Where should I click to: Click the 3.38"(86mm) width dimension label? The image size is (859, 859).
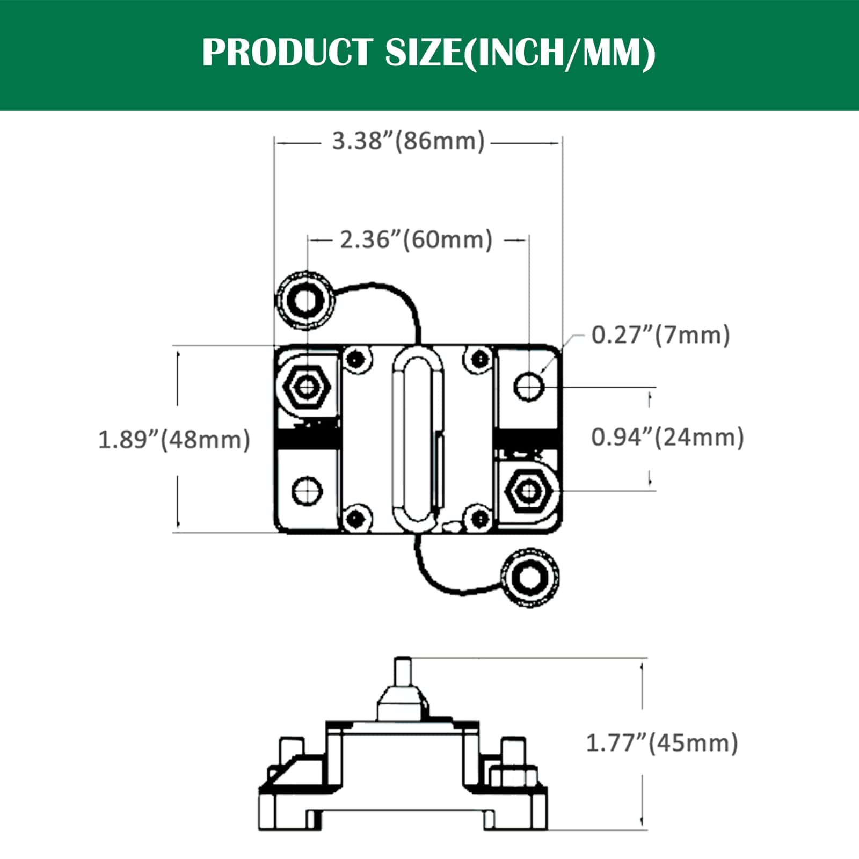408,141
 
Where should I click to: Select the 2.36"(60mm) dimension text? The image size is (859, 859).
416,240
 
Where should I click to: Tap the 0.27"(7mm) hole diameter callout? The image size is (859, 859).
660,336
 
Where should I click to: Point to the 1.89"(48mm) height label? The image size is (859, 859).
174,440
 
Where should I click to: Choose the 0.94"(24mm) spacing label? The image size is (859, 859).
667,437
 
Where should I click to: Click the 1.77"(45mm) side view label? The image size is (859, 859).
661,744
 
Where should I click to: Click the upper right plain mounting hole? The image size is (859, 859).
529,386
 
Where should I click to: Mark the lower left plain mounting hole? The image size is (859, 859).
307,490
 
